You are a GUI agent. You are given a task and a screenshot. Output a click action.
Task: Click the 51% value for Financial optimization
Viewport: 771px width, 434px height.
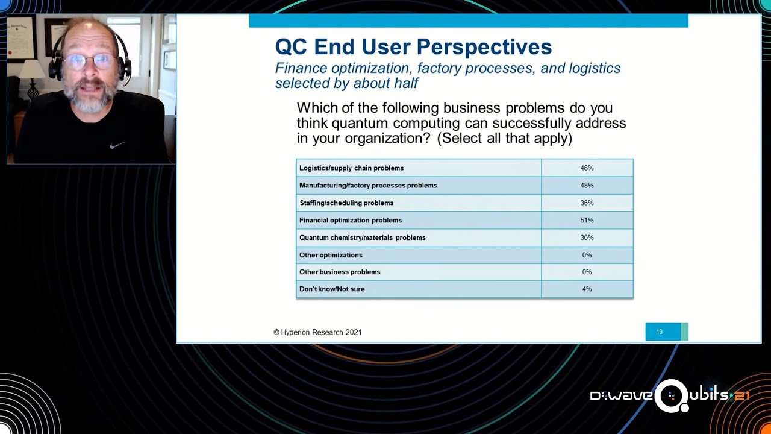pyautogui.click(x=587, y=221)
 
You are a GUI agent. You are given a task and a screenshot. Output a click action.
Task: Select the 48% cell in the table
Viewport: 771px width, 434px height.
pyautogui.click(x=587, y=186)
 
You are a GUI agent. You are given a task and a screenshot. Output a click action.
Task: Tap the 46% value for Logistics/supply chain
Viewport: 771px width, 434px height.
pyautogui.click(x=587, y=168)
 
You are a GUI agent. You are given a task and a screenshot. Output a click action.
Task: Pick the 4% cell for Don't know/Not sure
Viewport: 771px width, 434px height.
pyautogui.click(x=587, y=289)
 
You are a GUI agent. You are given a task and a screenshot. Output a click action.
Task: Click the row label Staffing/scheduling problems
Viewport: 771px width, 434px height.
pyautogui.click(x=346, y=203)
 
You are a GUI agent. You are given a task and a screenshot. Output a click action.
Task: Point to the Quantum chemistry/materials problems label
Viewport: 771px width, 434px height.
pyautogui.click(x=363, y=237)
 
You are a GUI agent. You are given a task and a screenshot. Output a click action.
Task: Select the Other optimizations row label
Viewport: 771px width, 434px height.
pyautogui.click(x=331, y=255)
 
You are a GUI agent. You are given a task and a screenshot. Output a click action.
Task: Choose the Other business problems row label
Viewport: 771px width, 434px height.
pyautogui.click(x=340, y=272)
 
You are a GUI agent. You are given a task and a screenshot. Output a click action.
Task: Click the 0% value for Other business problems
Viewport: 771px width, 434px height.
pyautogui.click(x=587, y=272)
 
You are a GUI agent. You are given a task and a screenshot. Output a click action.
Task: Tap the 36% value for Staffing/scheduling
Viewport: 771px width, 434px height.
pyautogui.click(x=587, y=203)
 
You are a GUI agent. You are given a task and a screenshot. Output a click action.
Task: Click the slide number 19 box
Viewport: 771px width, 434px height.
pyautogui.click(x=667, y=332)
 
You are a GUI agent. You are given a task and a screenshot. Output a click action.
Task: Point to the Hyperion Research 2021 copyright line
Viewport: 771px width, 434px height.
pyautogui.click(x=317, y=332)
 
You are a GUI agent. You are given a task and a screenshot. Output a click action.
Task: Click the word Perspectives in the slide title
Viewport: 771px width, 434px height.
pyautogui.click(x=457, y=47)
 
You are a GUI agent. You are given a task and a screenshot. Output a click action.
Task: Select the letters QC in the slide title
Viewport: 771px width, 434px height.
pyautogui.click(x=291, y=47)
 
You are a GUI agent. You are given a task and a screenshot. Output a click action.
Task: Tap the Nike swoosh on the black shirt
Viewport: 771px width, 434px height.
pyautogui.click(x=117, y=145)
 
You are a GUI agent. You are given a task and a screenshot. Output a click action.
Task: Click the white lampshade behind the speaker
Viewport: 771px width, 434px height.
pyautogui.click(x=32, y=69)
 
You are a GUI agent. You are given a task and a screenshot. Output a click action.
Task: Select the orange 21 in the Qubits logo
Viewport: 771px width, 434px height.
pyautogui.click(x=741, y=396)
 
